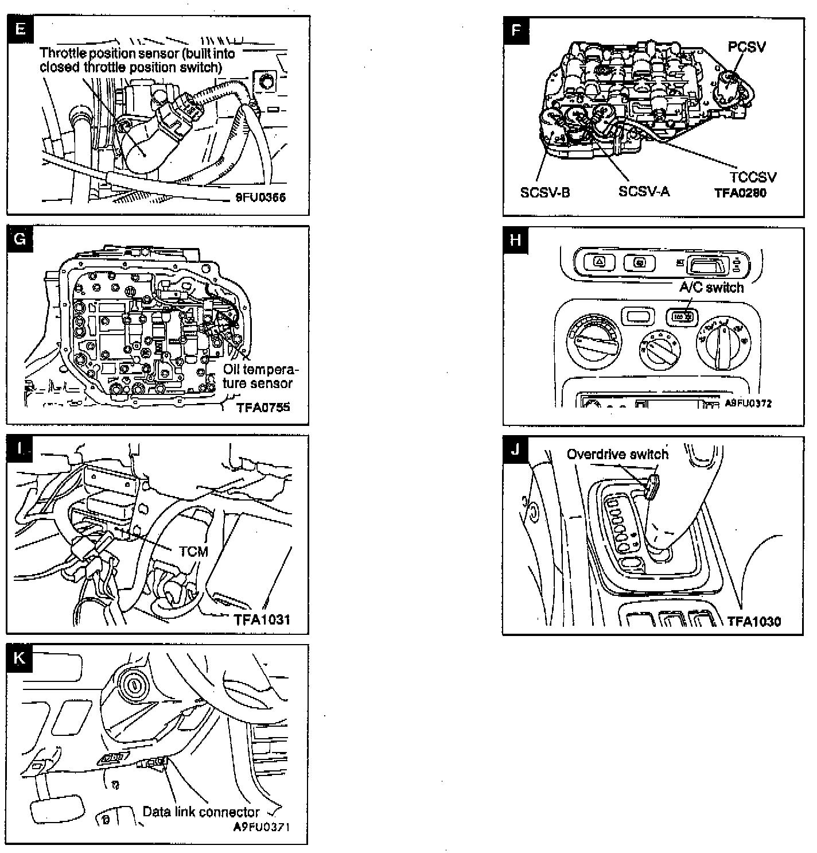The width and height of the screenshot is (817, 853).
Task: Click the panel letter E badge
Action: tap(20, 29)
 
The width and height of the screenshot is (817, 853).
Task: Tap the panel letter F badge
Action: tap(516, 30)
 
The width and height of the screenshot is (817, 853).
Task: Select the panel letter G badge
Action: tap(20, 238)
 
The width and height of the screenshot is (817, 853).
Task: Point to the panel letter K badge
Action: tap(20, 658)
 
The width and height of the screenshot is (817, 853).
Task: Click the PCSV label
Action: tap(746, 47)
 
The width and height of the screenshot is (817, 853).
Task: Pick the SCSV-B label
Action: tap(545, 192)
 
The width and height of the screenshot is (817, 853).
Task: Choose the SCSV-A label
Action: tap(644, 191)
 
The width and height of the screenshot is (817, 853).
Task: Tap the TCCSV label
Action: tap(753, 177)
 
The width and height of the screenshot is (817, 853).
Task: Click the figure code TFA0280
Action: tap(740, 193)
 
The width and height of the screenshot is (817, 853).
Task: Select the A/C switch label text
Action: tap(711, 287)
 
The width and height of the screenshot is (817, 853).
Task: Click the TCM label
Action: tap(193, 552)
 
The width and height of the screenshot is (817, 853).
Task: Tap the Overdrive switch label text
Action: tap(617, 455)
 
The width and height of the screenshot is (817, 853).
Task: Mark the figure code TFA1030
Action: tap(754, 621)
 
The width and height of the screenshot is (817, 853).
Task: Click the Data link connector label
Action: tap(201, 812)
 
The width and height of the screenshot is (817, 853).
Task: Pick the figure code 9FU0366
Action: tap(260, 197)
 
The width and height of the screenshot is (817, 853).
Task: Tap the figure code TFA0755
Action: tap(263, 408)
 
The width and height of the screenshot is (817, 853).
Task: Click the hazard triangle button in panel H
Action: tap(600, 263)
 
